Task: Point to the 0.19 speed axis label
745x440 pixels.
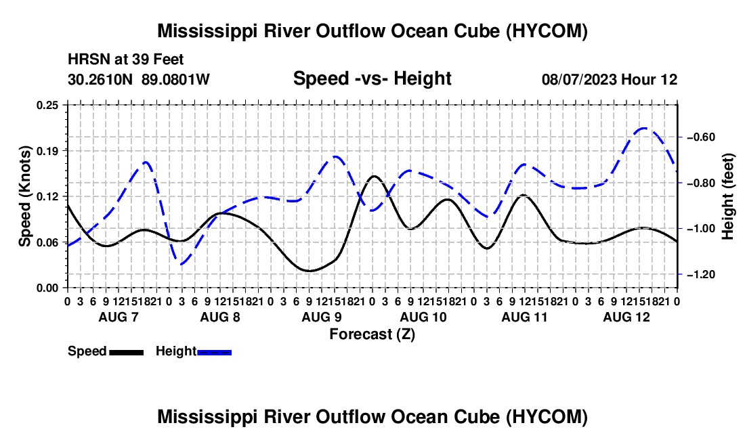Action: click(47, 151)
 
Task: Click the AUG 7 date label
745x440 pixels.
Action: click(119, 317)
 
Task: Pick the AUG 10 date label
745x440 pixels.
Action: click(423, 317)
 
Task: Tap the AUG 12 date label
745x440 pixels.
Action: click(626, 317)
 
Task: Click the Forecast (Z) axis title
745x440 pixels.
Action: click(372, 334)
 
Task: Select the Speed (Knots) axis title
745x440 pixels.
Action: click(24, 196)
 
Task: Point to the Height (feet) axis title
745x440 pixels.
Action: click(728, 196)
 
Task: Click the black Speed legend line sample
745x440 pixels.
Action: click(127, 353)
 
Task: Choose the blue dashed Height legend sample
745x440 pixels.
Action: click(214, 353)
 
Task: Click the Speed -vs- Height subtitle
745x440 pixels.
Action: click(372, 79)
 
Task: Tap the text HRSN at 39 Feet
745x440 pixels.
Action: click(125, 60)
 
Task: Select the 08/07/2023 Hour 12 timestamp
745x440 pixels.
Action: click(610, 79)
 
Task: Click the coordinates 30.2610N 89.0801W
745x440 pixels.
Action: click(138, 79)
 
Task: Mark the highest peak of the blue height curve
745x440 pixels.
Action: click(644, 128)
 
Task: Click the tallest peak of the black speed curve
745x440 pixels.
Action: click(374, 176)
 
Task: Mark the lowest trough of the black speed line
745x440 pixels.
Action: click(310, 271)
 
